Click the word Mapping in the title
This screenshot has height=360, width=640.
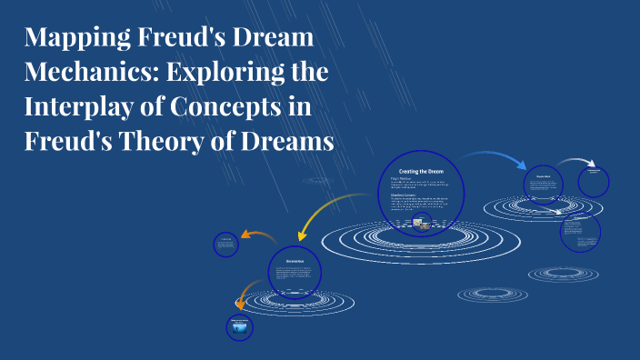[81, 39]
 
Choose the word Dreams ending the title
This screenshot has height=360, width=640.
[290, 143]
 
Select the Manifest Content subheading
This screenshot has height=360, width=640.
[405, 194]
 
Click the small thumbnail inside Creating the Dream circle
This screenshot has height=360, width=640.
[421, 222]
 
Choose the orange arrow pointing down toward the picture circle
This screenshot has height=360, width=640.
[240, 295]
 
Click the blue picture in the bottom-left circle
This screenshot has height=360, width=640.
[240, 329]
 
